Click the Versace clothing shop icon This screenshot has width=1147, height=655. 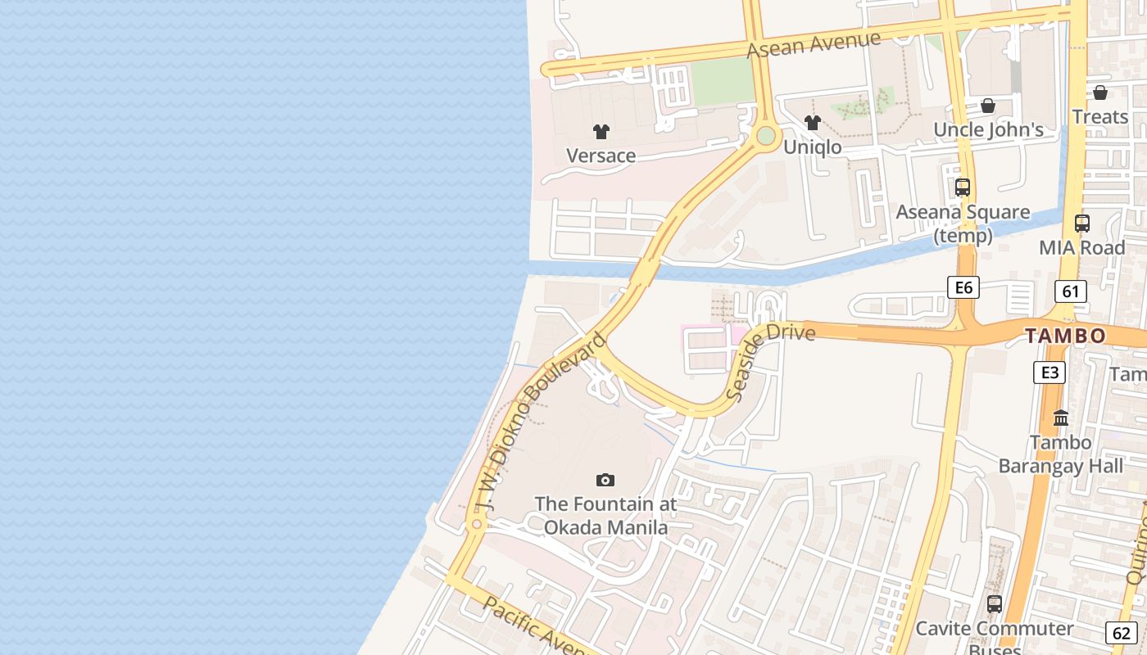point(601,131)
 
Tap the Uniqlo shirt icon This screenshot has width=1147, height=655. point(812,123)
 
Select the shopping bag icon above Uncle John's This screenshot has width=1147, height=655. point(988,106)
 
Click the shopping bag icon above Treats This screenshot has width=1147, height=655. point(1100,93)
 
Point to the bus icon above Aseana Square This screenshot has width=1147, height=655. point(963,187)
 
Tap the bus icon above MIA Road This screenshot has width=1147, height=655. point(1082,223)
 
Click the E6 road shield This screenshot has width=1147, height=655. point(963,287)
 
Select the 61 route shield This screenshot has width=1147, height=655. point(1070,291)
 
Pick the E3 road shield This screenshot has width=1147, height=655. point(1049,373)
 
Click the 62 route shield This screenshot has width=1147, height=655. point(1121,633)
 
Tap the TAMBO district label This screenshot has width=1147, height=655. point(1065,336)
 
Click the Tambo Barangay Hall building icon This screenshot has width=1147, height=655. point(1061,418)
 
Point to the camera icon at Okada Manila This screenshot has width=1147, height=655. point(605,481)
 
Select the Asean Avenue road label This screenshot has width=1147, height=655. point(814,44)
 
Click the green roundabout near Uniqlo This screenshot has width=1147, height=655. point(766,136)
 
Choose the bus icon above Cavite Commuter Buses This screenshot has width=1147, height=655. point(994,604)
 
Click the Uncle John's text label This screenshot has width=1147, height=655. point(988,129)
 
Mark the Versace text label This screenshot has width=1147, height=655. point(601,156)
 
